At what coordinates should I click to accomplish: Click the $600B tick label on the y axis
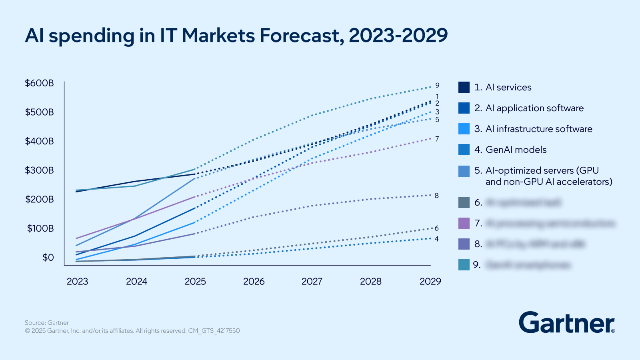pos(39,83)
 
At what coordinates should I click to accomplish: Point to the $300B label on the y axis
pos(39,170)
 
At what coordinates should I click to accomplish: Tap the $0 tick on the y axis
pos(48,258)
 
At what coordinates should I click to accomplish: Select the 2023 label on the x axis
pos(77,282)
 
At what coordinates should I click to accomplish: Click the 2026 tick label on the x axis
pos(254,282)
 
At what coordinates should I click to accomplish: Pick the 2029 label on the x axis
pos(430,282)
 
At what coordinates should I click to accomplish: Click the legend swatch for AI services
pos(464,87)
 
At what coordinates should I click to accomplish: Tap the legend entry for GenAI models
pos(516,150)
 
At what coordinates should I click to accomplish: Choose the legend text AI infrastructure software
pos(539,129)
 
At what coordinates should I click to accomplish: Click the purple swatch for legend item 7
pos(464,223)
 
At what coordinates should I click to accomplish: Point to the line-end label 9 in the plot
pos(437,86)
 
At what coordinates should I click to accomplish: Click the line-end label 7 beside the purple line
pos(437,139)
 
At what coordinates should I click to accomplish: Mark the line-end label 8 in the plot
pos(437,196)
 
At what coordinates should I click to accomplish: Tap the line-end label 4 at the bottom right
pos(437,239)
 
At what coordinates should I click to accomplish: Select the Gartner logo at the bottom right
pos(567,323)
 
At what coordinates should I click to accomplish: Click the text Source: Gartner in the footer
pos(47,323)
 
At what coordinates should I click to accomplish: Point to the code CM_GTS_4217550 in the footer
pos(214,331)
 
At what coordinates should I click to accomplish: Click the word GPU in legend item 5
pos(589,170)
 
